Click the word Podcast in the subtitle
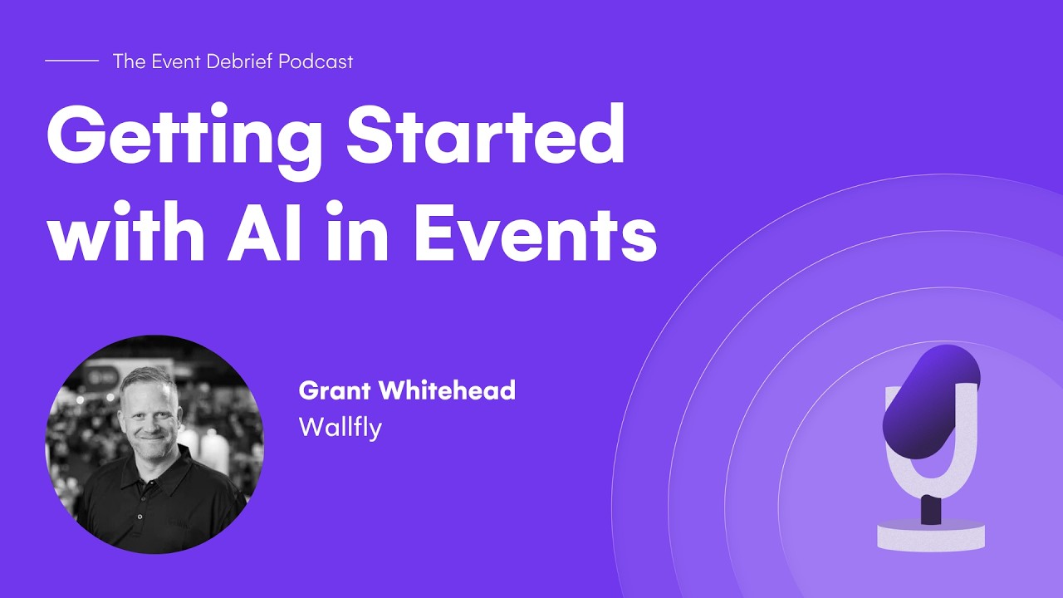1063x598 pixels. pyautogui.click(x=316, y=61)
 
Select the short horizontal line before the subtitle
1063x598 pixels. pyautogui.click(x=71, y=61)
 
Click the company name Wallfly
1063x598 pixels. pyautogui.click(x=340, y=427)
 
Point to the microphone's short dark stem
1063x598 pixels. pyautogui.click(x=931, y=508)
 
